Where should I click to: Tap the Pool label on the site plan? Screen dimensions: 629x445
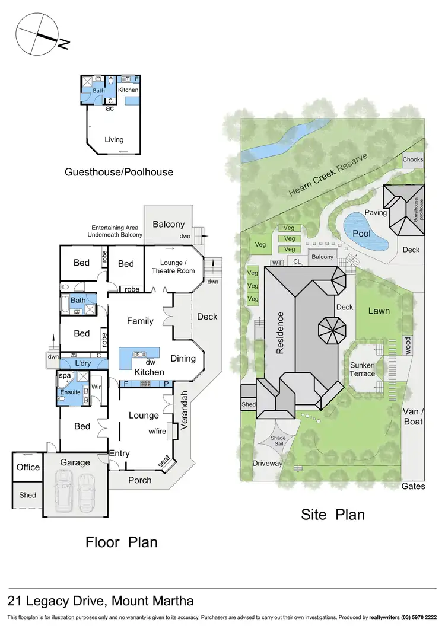coord(361,233)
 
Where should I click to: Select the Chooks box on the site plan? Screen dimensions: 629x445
coord(413,159)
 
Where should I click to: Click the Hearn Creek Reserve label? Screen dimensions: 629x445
coord(328,175)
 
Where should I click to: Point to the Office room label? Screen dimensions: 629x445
coord(28,467)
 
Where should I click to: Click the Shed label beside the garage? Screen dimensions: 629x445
coord(27,495)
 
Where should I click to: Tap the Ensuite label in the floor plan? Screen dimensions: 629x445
coord(71,392)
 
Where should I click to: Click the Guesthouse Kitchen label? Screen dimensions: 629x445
coord(128,90)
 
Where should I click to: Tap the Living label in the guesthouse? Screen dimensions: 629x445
coord(114,140)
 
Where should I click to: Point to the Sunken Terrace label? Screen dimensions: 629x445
coord(362,369)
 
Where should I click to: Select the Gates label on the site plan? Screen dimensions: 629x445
coord(413,486)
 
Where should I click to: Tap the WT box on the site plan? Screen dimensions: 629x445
coord(276,262)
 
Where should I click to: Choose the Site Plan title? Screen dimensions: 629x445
coord(333,515)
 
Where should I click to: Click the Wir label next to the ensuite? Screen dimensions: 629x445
coord(97,388)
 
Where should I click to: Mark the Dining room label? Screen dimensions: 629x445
coord(183,359)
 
